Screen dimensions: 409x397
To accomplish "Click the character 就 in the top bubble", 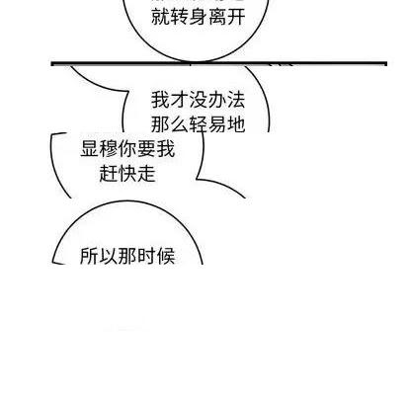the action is [160, 17].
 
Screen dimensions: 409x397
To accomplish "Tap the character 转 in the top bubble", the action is [180, 17].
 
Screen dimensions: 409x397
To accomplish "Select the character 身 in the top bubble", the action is [199, 17].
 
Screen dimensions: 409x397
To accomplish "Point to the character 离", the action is [217, 17].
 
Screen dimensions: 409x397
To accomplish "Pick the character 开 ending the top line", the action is [236, 17].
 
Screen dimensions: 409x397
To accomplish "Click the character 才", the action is [180, 100].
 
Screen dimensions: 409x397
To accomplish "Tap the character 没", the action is [199, 100].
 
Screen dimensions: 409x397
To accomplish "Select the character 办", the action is [217, 100].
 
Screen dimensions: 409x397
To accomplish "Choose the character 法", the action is [236, 100].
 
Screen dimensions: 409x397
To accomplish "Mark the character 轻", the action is [199, 124].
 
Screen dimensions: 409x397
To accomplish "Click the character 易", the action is [217, 124].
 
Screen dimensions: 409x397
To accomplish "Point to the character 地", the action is [236, 124].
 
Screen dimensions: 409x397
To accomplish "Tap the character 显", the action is [90, 149].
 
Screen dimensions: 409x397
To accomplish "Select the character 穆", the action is [109, 149].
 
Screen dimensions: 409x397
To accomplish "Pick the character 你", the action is [127, 149].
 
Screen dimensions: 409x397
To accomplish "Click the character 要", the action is [146, 149].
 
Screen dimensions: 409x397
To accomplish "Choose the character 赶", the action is [109, 174].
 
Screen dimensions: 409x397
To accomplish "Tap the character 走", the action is [146, 174].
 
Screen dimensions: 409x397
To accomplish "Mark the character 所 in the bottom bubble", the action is [90, 256].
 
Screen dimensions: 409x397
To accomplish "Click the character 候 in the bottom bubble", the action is [165, 256].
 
